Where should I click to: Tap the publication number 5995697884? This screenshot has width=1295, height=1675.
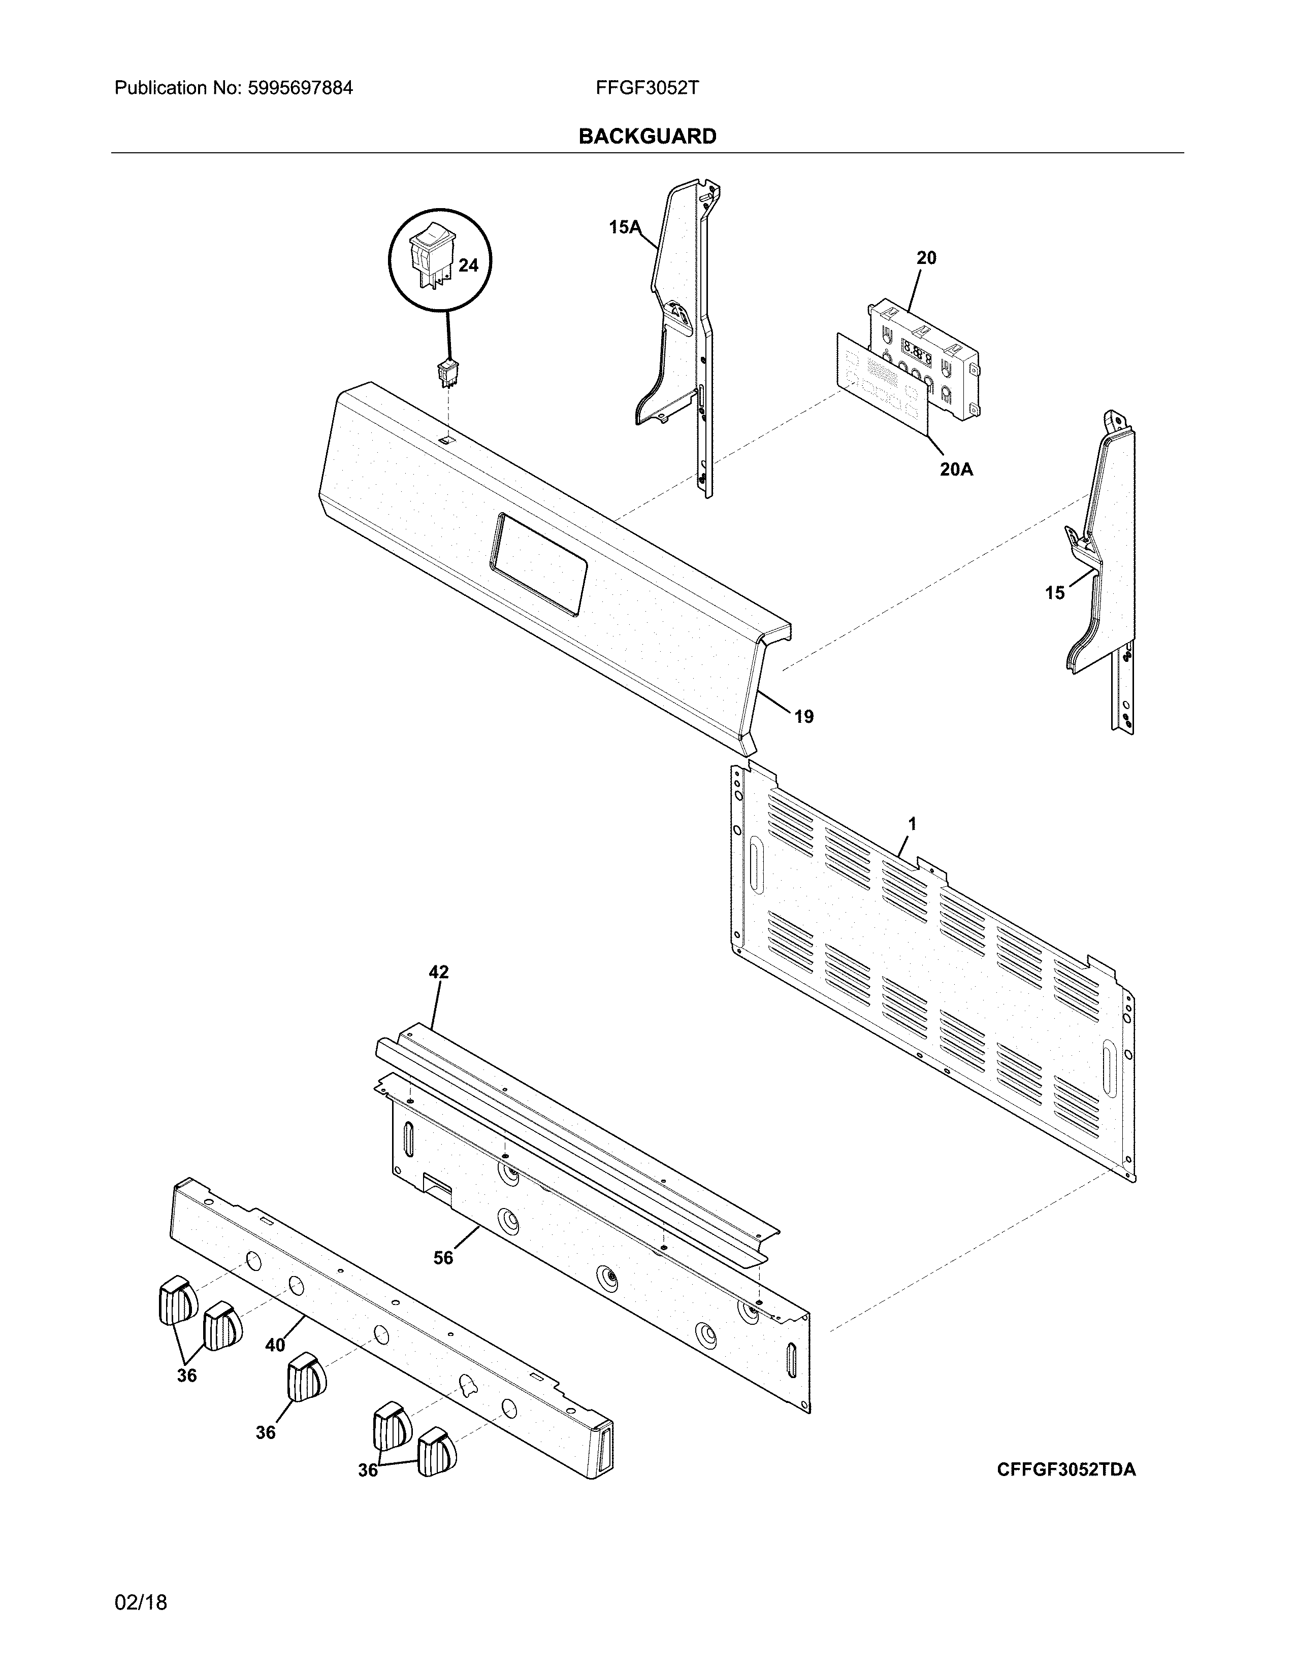pyautogui.click(x=300, y=88)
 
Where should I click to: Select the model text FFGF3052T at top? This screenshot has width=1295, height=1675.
pyautogui.click(x=646, y=88)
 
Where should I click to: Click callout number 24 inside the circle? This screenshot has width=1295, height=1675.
pyautogui.click(x=468, y=265)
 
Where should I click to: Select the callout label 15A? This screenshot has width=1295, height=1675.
pyautogui.click(x=624, y=227)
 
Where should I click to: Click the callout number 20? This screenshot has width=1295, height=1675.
pyautogui.click(x=926, y=258)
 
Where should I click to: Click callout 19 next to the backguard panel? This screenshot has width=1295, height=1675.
pyautogui.click(x=803, y=716)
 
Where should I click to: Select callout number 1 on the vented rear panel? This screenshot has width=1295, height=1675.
pyautogui.click(x=912, y=824)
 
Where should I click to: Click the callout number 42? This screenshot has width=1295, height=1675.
pyautogui.click(x=438, y=973)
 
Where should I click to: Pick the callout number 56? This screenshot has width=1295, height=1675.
pyautogui.click(x=443, y=1258)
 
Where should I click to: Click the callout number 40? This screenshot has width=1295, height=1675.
pyautogui.click(x=275, y=1345)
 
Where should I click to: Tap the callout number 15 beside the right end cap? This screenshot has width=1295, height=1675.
pyautogui.click(x=1055, y=593)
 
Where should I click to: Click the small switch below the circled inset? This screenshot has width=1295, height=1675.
pyautogui.click(x=446, y=373)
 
